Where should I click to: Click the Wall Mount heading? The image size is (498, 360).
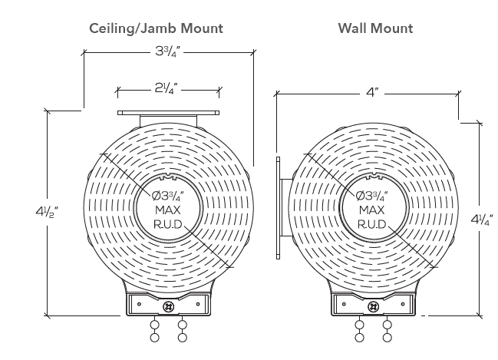[376, 28]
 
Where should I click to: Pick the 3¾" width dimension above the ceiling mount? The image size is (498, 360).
[167, 51]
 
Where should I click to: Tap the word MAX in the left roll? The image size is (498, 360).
[168, 210]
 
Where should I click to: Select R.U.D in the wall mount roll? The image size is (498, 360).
[372, 225]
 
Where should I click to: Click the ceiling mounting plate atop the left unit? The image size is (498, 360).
[168, 113]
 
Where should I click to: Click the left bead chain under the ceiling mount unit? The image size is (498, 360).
[155, 331]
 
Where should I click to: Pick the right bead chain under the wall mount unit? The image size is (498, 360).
[387, 331]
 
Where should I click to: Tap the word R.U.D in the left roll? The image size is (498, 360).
[168, 225]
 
